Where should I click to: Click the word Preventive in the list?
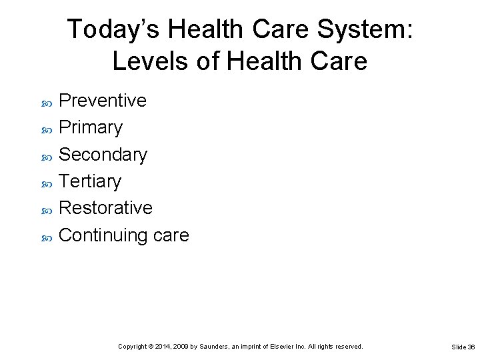103,101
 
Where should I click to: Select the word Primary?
91,127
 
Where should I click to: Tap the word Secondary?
103,155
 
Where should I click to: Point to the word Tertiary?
90,181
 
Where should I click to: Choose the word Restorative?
105,208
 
